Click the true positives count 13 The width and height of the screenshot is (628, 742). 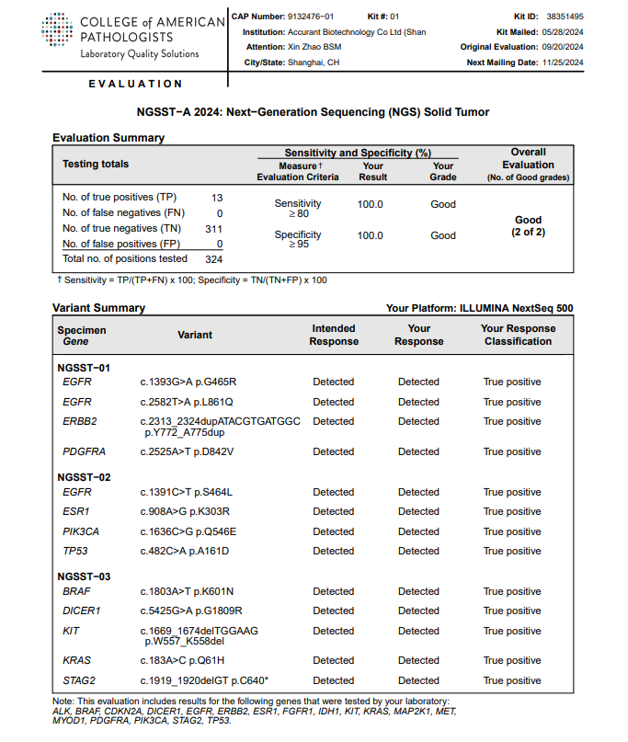(217, 197)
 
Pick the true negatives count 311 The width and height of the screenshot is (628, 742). (214, 228)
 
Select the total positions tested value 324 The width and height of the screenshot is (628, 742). (214, 258)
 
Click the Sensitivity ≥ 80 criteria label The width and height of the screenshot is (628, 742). (298, 209)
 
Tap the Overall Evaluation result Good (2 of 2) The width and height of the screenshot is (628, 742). (528, 226)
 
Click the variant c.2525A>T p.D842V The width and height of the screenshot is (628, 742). (187, 451)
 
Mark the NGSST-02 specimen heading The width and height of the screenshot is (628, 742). (84, 477)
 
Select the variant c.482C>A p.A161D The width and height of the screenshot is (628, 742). (184, 551)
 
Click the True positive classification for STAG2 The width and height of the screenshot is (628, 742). (512, 680)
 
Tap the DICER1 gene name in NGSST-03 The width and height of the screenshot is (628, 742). (81, 611)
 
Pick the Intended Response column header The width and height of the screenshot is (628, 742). (334, 335)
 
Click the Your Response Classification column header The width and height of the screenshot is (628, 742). (518, 335)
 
